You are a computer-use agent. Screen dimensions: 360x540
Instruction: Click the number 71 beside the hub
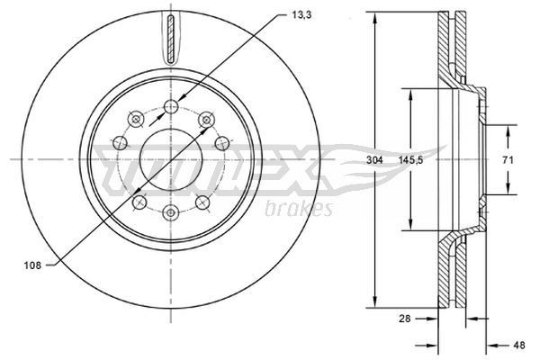(x=508, y=159)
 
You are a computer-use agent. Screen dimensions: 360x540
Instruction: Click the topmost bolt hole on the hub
(x=171, y=108)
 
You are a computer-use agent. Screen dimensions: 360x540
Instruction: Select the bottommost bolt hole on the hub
(x=171, y=211)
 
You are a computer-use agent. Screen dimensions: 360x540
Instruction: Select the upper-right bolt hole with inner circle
(x=205, y=118)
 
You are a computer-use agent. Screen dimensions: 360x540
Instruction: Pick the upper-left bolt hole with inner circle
(x=136, y=118)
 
